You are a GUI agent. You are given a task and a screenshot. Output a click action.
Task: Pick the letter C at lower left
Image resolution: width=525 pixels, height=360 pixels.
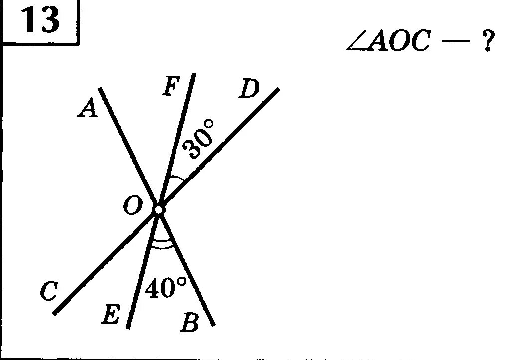pos(49,292)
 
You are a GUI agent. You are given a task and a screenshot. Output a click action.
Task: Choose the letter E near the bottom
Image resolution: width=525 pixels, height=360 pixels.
pos(111,316)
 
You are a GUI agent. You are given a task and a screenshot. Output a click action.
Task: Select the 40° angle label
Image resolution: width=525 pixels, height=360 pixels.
pos(166,288)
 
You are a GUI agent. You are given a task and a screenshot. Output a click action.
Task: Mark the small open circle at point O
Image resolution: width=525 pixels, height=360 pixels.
pos(158,210)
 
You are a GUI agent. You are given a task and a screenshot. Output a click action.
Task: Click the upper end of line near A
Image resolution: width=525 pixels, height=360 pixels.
pos(101,89)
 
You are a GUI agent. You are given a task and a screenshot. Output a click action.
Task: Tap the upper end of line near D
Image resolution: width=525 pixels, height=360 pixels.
pos(277,90)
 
